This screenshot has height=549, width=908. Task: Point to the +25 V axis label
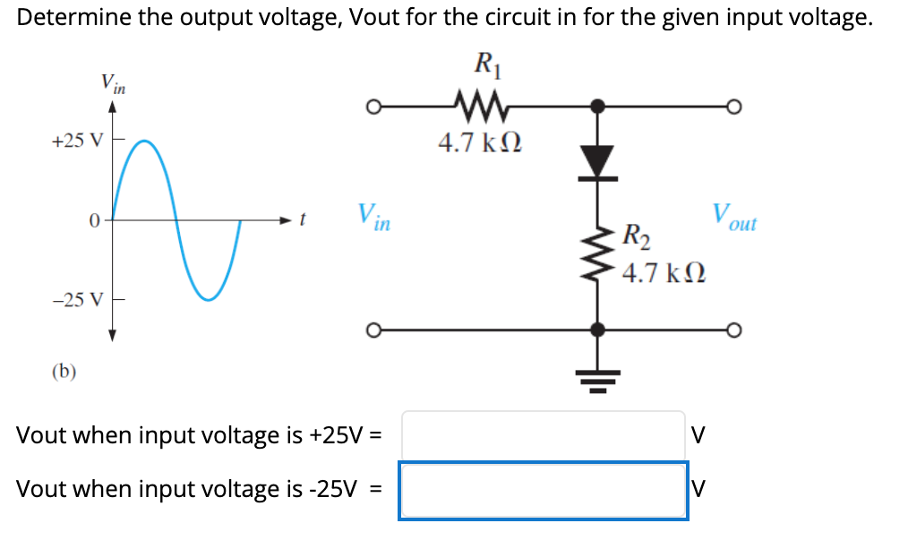[78, 141]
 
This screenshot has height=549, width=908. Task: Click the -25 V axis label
[78, 298]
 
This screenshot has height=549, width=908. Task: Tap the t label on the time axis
[303, 219]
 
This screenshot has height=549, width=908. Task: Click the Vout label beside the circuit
[733, 217]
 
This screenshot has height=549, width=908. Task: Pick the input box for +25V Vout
[544, 435]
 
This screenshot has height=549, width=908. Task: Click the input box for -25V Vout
[544, 490]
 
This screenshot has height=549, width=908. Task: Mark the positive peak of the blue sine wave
[144, 142]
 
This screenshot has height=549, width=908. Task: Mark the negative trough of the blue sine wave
[208, 297]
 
